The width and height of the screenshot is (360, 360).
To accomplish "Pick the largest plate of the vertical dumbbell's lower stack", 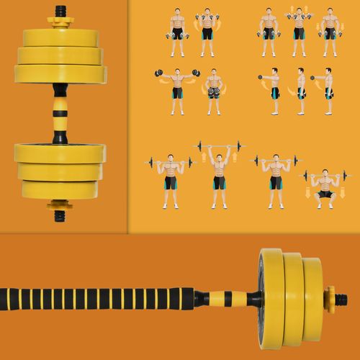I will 60,153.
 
